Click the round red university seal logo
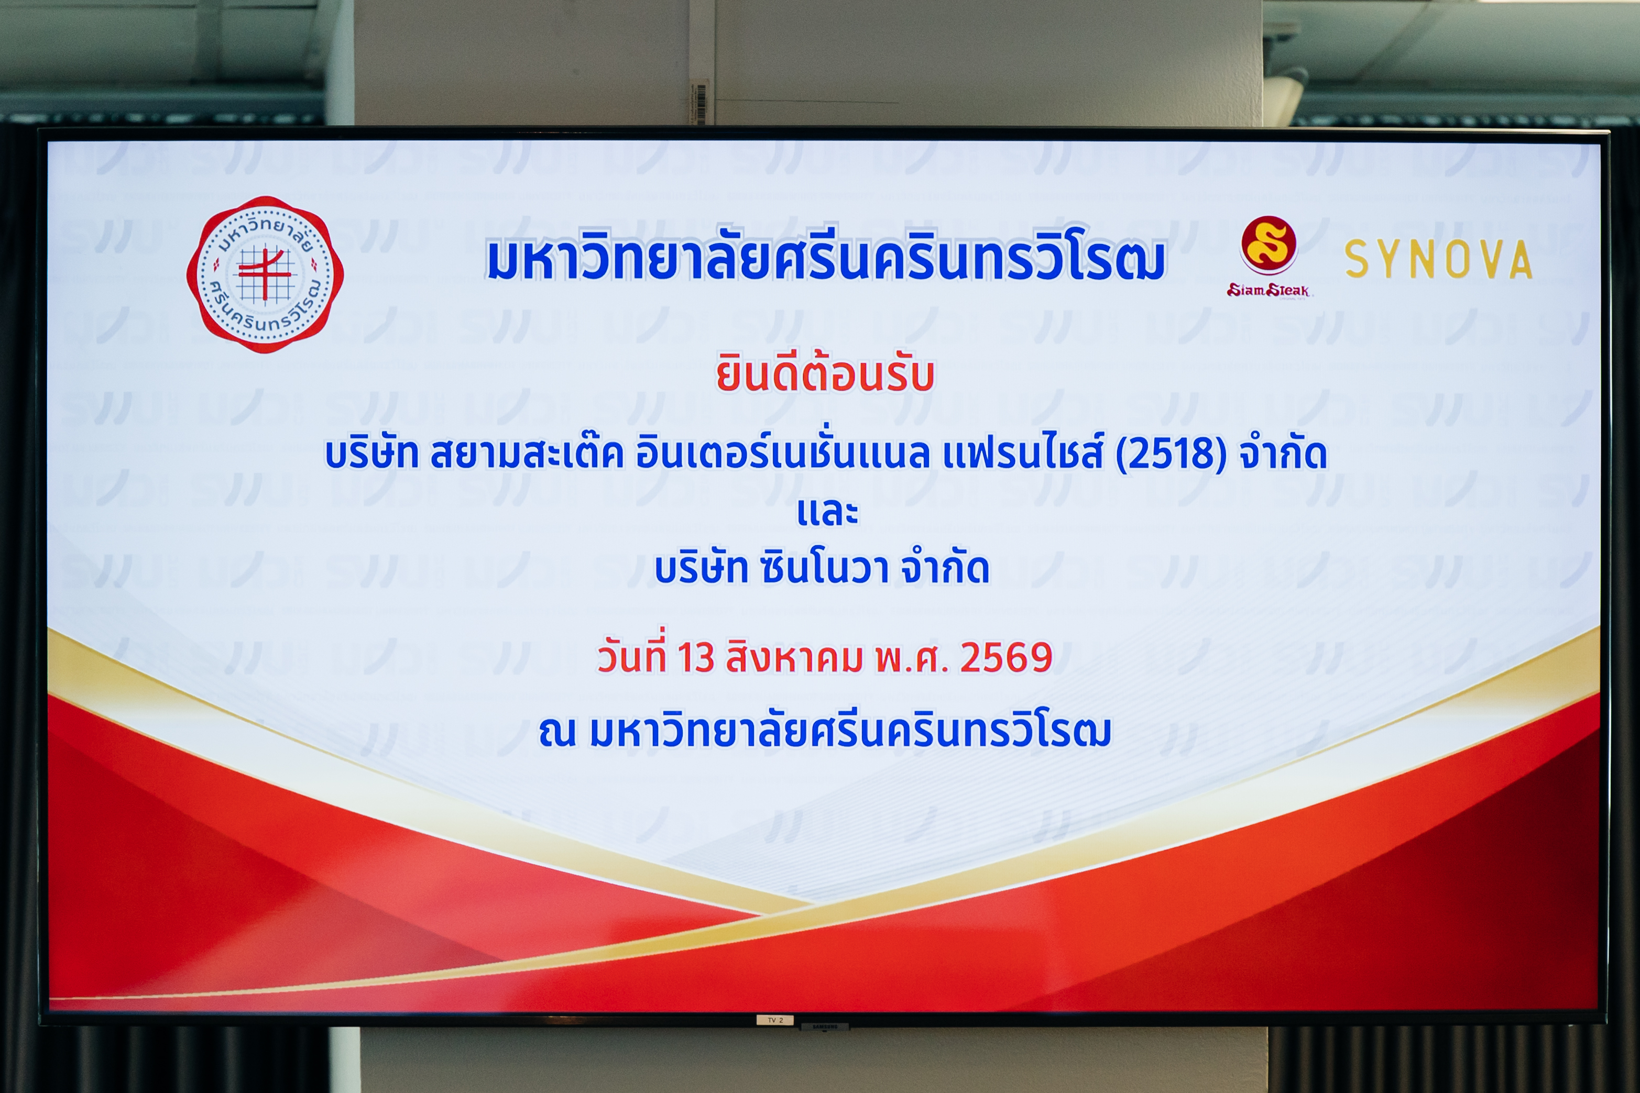click(x=265, y=274)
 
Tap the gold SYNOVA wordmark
click(x=1438, y=259)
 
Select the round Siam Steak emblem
click(x=1269, y=244)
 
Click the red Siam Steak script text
click(x=1269, y=290)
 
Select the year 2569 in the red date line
click(x=1006, y=657)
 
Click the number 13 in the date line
click(x=695, y=657)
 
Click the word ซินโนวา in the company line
click(x=824, y=568)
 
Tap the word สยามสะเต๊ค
click(x=527, y=453)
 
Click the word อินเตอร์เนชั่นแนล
click(x=782, y=453)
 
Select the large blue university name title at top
click(x=826, y=257)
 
